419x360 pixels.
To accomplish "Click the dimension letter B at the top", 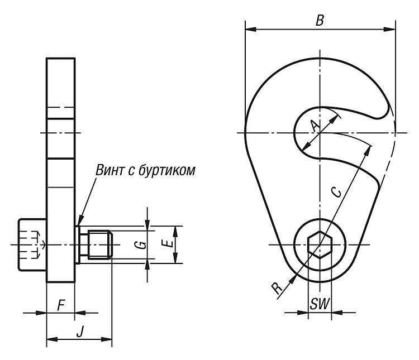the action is point(320,21).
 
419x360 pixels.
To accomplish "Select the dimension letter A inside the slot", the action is point(316,126).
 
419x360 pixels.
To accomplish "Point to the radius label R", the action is point(277,288).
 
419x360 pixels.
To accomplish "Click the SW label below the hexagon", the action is point(320,304).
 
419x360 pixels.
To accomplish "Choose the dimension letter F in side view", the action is point(61,305).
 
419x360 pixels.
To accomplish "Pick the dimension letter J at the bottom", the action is point(79,332).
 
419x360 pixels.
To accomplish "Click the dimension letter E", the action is point(167,243).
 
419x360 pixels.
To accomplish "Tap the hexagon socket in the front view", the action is point(320,244).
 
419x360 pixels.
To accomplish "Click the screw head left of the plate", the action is point(32,244).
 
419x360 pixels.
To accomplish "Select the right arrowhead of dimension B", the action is point(389,29).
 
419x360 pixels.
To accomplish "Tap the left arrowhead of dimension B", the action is point(251,29).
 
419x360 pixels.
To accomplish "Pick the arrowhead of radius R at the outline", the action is point(293,279).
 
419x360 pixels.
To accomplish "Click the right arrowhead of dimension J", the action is point(106,339).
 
